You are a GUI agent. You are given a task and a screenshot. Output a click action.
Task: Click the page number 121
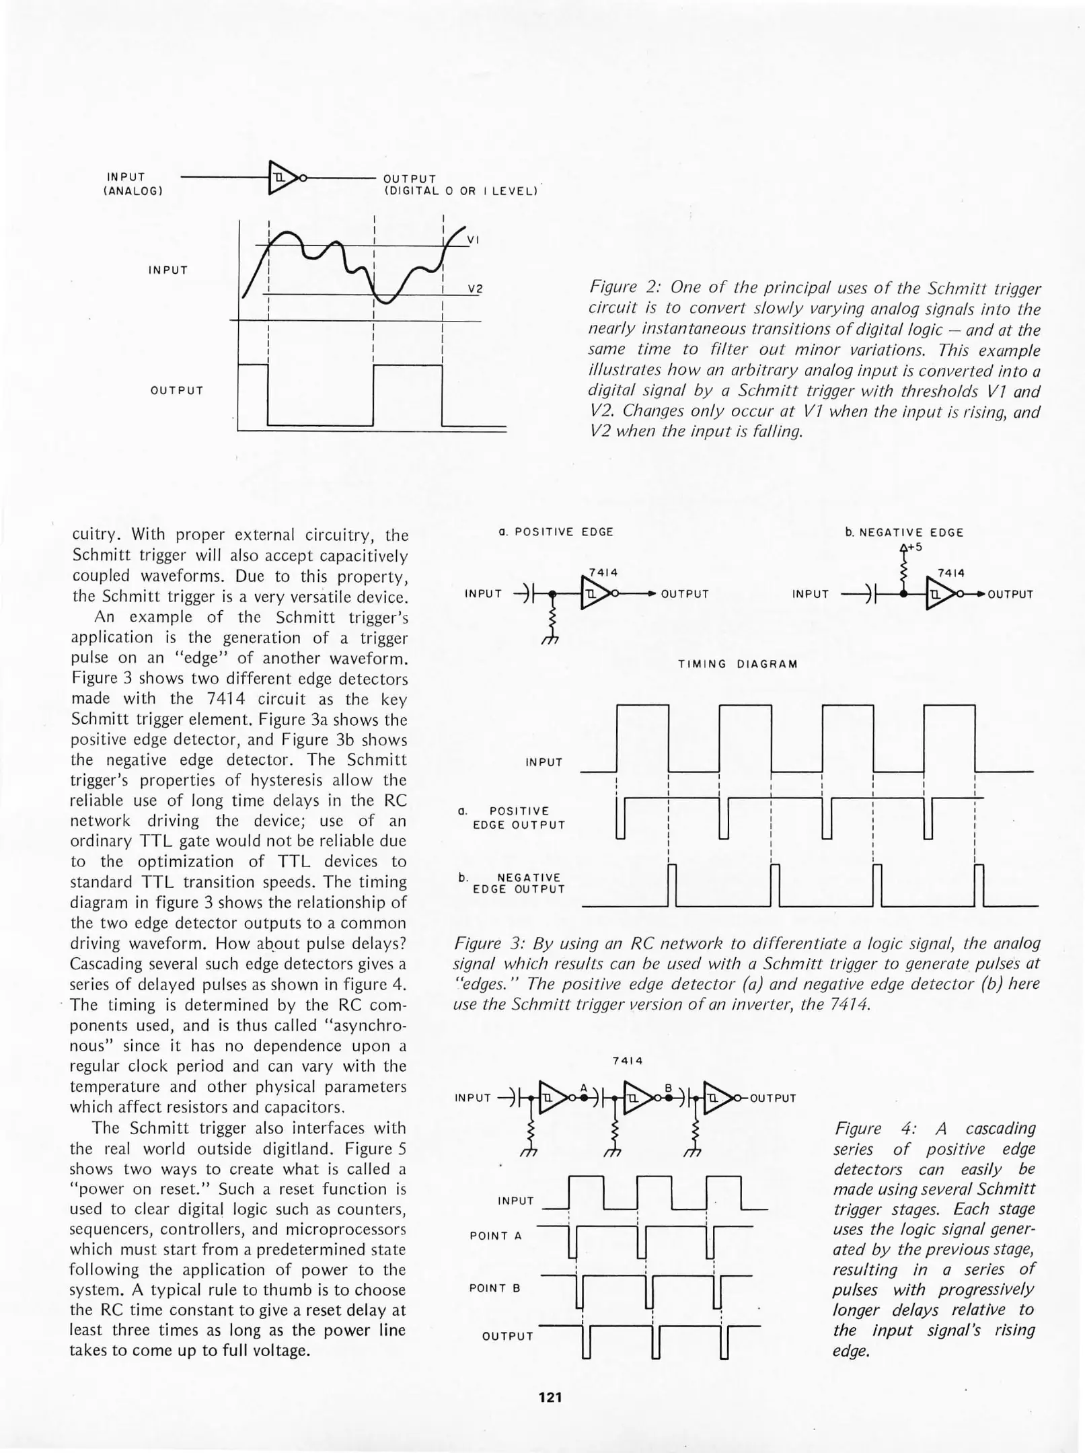550,1397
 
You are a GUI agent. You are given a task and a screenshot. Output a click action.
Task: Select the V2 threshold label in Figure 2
475,289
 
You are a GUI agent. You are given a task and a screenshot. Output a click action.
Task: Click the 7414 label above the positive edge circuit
603,572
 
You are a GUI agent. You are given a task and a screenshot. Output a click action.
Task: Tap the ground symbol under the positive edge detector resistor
550,640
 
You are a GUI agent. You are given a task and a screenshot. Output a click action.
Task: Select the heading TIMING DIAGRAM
737,664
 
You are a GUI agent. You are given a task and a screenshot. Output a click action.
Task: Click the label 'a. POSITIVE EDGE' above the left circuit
556,532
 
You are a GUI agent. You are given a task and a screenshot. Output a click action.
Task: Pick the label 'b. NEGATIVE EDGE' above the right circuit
904,533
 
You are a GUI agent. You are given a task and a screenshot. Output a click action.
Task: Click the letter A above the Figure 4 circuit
583,1088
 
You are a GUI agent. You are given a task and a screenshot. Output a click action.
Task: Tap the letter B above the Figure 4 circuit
668,1088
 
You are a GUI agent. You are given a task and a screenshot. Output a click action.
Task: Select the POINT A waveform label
496,1236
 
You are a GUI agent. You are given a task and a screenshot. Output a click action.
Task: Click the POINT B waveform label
495,1288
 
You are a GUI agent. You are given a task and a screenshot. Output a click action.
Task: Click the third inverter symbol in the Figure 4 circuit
717,1098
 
